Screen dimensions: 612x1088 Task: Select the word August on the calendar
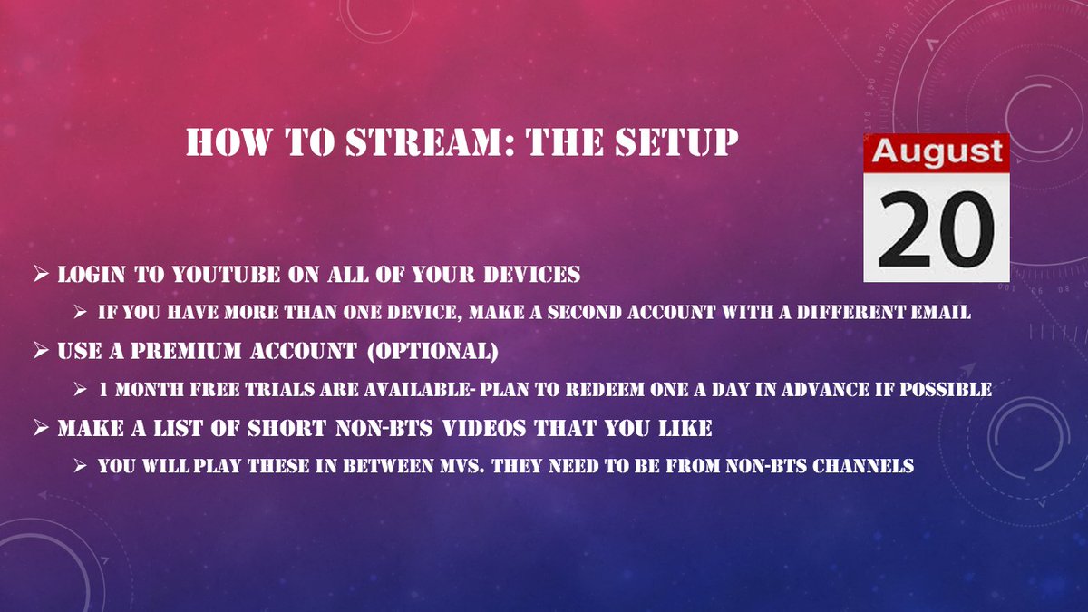pyautogui.click(x=936, y=152)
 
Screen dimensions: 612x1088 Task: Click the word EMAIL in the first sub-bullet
pyautogui.click(x=937, y=312)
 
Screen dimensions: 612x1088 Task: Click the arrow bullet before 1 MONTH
pyautogui.click(x=81, y=389)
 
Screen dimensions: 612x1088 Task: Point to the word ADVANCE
pyautogui.click(x=840, y=389)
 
